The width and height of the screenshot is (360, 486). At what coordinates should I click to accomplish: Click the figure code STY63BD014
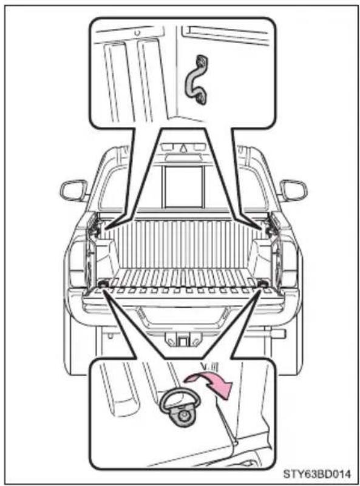coord(318,474)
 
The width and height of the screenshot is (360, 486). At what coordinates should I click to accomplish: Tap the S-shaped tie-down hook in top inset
coord(197,79)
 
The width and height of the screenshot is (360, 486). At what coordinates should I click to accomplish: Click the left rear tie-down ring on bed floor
coord(103,283)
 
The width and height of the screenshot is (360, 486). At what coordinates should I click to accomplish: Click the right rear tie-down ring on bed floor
coord(263,283)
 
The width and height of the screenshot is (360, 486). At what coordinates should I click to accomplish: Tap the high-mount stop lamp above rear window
coord(183,158)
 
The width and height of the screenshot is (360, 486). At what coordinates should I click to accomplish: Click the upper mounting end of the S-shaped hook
coord(202,61)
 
